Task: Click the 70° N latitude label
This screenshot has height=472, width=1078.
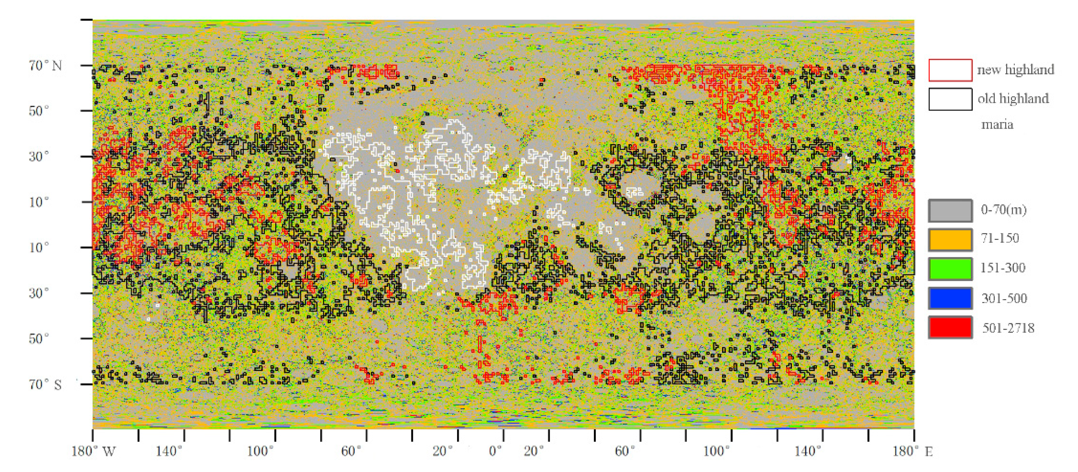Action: tap(45, 66)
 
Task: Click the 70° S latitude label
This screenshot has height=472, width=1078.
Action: tap(45, 384)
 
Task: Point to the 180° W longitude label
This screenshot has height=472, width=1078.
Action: tap(93, 452)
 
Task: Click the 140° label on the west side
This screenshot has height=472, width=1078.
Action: tap(169, 452)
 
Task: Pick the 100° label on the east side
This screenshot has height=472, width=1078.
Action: tap(716, 452)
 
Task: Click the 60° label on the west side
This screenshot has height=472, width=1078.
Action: tap(351, 452)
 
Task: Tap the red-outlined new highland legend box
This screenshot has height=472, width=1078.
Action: tap(950, 70)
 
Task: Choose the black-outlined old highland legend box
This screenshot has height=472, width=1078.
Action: tap(950, 99)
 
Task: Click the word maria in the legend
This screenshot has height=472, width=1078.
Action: tap(997, 124)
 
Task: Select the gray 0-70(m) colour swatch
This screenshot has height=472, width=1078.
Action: tap(950, 210)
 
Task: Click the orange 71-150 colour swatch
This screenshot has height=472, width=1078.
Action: tap(950, 240)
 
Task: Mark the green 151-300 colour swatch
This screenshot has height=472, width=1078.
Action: tap(950, 269)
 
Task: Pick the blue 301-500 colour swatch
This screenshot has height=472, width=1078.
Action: tap(950, 298)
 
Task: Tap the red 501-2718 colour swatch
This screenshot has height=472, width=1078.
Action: tap(950, 327)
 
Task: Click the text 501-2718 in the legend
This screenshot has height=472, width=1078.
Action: tap(1008, 328)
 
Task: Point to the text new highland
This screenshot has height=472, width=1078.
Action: tap(1015, 69)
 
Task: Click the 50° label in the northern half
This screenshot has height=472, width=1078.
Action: tap(39, 111)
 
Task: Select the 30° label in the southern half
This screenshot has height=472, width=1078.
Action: tap(39, 293)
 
